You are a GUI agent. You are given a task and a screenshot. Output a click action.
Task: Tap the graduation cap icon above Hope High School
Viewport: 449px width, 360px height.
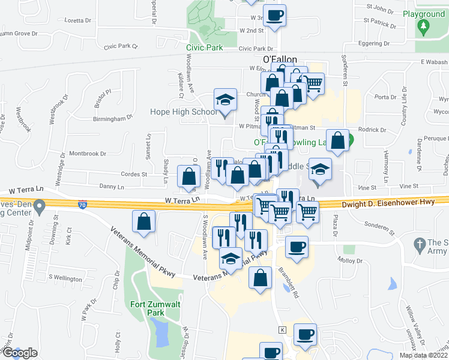224,98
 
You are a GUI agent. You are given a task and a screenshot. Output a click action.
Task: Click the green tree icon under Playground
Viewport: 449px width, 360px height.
424,26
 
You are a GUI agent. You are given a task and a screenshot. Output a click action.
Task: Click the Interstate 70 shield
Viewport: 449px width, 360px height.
82,205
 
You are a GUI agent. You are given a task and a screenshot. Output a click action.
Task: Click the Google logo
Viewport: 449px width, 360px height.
19,353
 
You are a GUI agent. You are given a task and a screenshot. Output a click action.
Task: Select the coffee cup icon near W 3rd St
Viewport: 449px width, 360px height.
275,15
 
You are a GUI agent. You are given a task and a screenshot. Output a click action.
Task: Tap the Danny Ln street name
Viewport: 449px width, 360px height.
112,187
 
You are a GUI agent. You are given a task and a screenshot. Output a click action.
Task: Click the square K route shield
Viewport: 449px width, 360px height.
281,330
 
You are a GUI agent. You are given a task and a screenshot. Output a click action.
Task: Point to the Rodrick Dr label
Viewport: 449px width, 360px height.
373,130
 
